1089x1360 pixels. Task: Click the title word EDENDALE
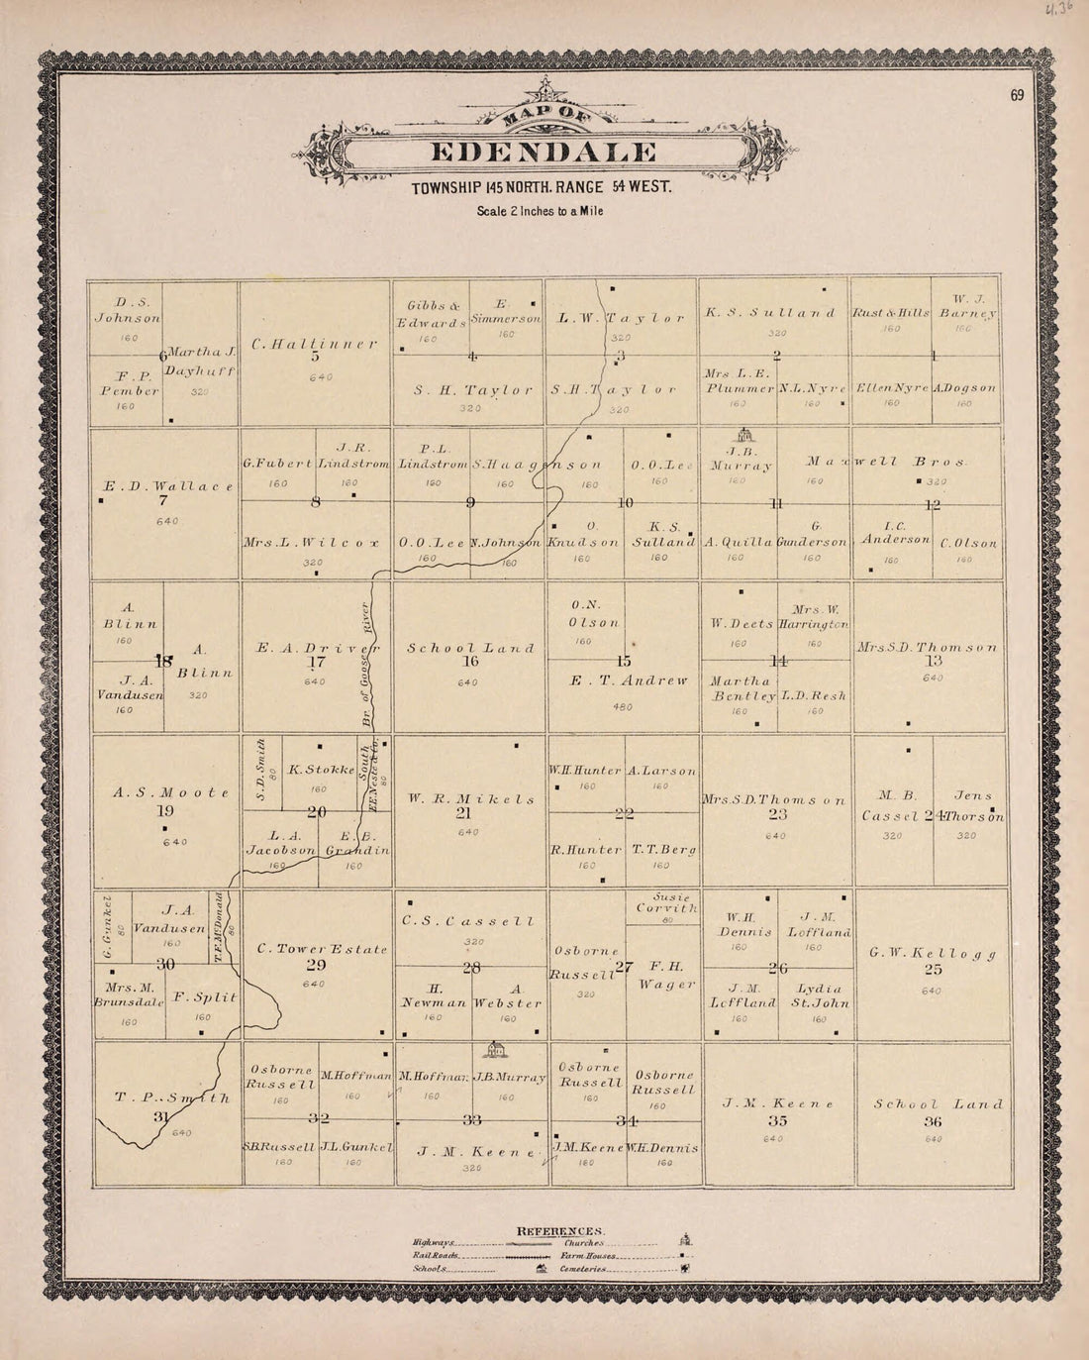(x=544, y=153)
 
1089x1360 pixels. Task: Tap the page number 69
(x=1017, y=95)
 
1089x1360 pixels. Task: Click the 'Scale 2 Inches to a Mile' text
(x=540, y=211)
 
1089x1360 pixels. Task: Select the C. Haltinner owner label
(x=314, y=344)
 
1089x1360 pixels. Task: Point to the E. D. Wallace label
(x=167, y=486)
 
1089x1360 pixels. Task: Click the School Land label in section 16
(x=470, y=648)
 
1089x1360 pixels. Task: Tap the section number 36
(x=933, y=1122)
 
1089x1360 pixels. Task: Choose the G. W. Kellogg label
(x=932, y=953)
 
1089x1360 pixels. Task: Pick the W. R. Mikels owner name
(x=470, y=798)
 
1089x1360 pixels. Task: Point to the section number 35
(x=777, y=1122)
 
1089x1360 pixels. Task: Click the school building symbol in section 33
(x=493, y=1049)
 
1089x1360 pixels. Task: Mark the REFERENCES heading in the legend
(x=561, y=1231)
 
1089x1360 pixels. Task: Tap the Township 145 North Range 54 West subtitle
(x=542, y=187)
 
